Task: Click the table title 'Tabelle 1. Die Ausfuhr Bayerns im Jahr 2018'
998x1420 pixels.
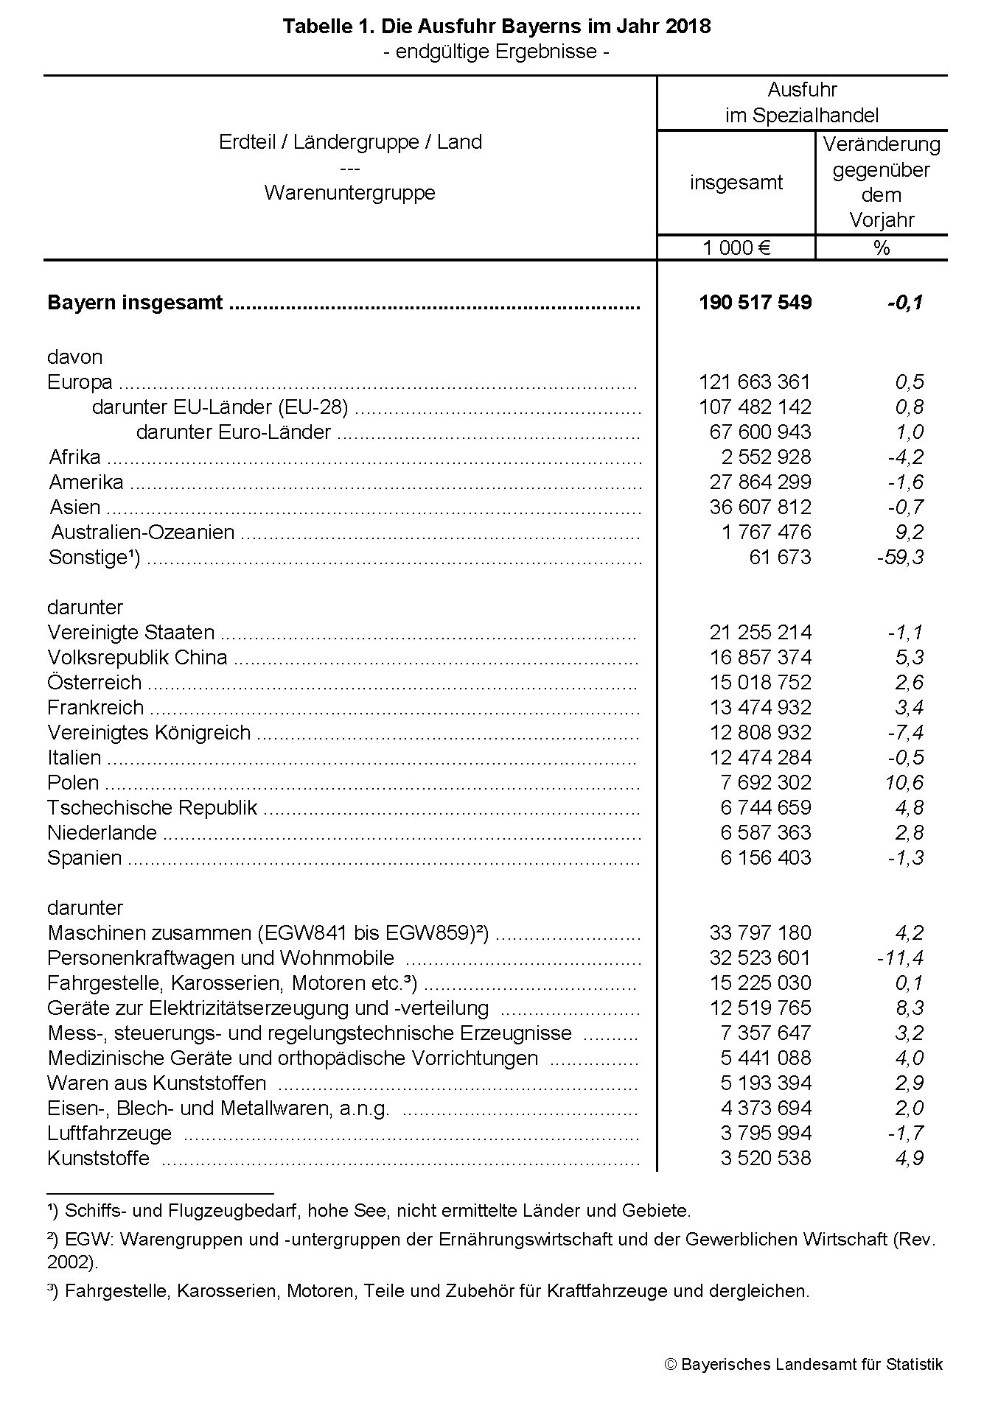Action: click(x=497, y=27)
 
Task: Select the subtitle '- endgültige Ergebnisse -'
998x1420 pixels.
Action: click(x=497, y=52)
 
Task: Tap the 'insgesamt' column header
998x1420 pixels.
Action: click(x=736, y=183)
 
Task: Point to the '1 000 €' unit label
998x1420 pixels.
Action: click(x=736, y=247)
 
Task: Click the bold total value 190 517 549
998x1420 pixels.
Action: click(x=755, y=303)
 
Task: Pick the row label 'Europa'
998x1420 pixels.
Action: click(x=80, y=382)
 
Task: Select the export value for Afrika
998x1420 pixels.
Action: click(x=766, y=457)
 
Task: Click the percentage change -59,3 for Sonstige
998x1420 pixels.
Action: click(x=900, y=558)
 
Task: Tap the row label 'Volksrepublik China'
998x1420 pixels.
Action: click(x=137, y=658)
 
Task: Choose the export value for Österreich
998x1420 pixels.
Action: click(x=760, y=683)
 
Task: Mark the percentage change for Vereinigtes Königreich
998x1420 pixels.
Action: click(x=906, y=733)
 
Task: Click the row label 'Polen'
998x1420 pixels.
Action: click(x=73, y=783)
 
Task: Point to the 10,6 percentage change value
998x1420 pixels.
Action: click(x=904, y=783)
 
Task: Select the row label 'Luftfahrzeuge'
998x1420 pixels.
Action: click(x=109, y=1133)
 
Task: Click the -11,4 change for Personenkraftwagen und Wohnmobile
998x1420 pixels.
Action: click(x=900, y=958)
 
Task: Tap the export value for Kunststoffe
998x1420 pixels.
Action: click(x=766, y=1159)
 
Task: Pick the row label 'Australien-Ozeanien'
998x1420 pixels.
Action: click(x=142, y=532)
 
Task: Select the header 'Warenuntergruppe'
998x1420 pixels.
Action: click(x=350, y=193)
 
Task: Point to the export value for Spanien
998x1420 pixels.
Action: click(x=766, y=858)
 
